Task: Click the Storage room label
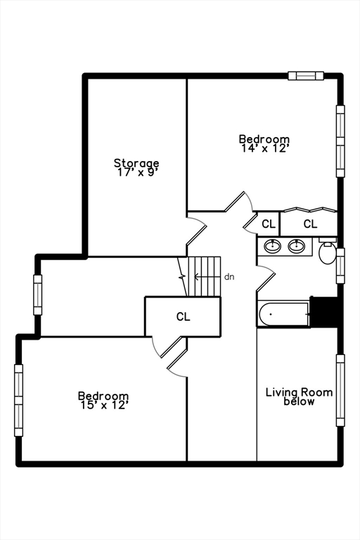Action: click(x=136, y=163)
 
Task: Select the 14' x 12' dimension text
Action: click(x=264, y=148)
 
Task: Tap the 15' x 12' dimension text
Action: click(x=103, y=405)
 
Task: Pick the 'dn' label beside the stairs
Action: click(x=229, y=277)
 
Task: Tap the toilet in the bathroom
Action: click(x=328, y=252)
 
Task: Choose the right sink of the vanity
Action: click(x=297, y=246)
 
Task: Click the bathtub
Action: click(x=283, y=314)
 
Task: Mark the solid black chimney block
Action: click(x=324, y=312)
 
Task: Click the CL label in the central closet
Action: click(x=183, y=317)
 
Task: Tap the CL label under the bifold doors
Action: click(x=310, y=224)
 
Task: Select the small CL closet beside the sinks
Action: click(x=268, y=224)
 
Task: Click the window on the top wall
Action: click(x=305, y=75)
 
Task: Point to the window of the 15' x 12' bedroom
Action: click(x=18, y=399)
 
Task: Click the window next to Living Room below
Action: click(x=340, y=390)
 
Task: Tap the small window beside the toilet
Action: click(x=340, y=265)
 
